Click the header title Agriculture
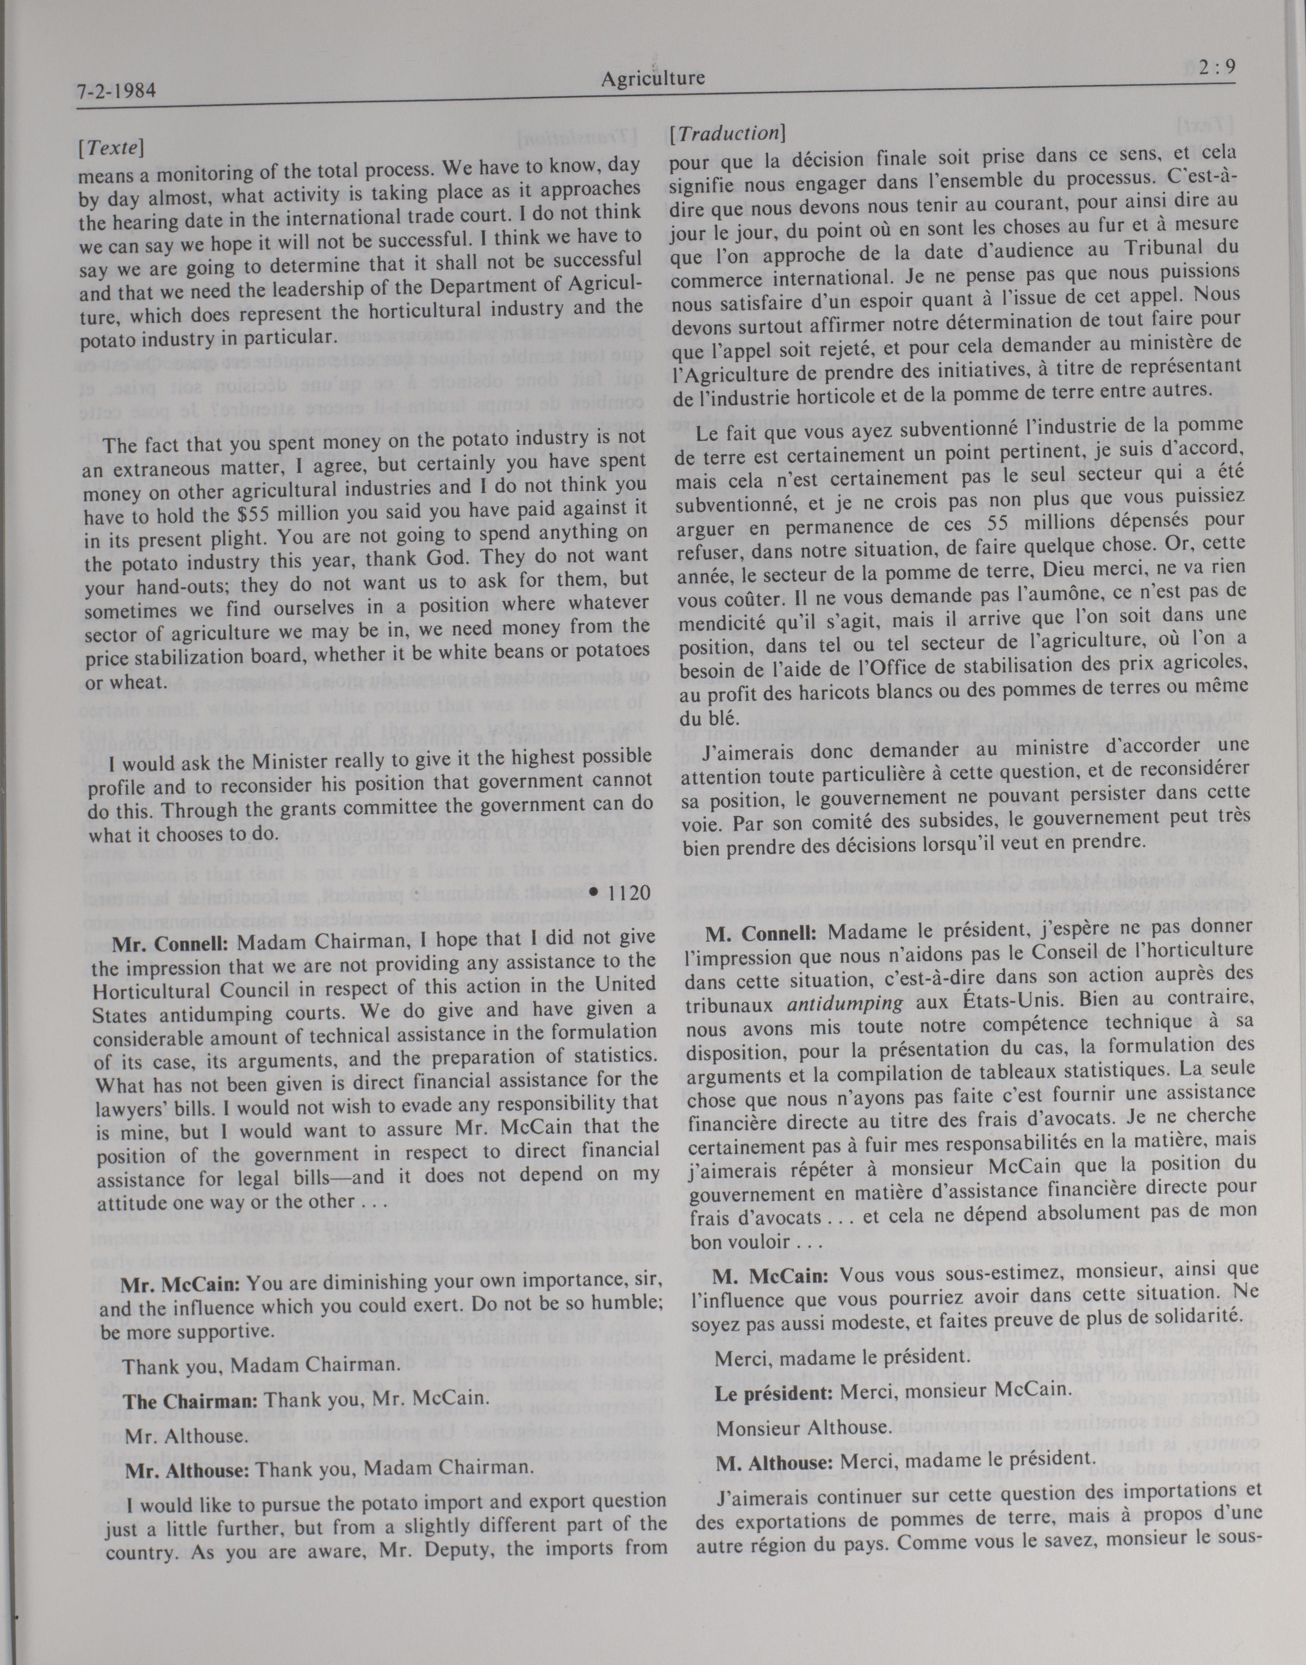pyautogui.click(x=652, y=78)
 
